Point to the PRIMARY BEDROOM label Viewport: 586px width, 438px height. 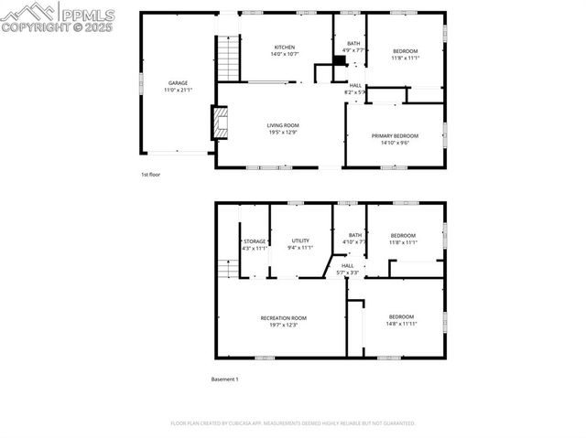click(396, 136)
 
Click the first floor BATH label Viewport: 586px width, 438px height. click(353, 44)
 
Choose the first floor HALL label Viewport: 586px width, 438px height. click(355, 85)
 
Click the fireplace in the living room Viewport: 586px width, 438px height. click(220, 123)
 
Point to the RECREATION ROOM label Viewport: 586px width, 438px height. click(283, 317)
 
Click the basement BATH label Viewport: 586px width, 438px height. click(354, 236)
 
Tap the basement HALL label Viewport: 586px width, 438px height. click(348, 265)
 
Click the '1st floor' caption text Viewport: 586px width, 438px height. click(150, 174)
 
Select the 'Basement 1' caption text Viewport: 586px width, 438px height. click(224, 379)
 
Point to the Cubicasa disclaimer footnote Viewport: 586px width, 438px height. click(293, 423)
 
